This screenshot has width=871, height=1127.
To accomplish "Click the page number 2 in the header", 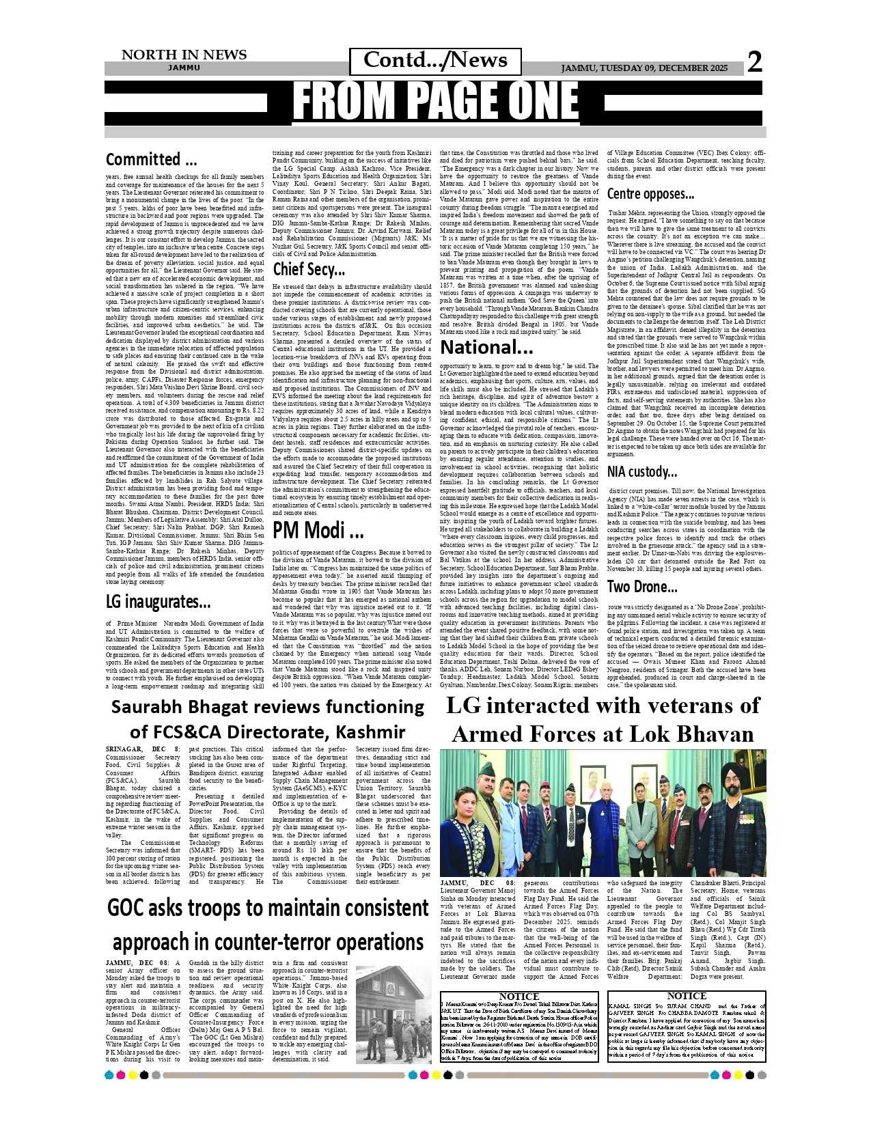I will point(754,63).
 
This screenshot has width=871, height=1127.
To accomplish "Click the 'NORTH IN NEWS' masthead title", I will point(184,55).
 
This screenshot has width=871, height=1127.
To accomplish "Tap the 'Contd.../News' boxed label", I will point(435,60).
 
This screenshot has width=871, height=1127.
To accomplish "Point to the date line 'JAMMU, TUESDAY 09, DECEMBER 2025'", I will point(644,68).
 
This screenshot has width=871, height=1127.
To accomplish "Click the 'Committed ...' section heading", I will point(152,160).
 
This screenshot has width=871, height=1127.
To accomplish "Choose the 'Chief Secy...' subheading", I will point(309,269).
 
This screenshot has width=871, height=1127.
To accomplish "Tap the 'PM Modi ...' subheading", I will point(318,529).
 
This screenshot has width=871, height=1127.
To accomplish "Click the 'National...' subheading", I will point(486,347).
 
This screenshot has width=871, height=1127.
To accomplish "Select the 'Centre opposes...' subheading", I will point(650,194).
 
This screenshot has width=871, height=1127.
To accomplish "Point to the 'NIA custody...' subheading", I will point(642,471).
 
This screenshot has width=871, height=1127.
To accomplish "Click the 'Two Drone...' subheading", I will point(642,586).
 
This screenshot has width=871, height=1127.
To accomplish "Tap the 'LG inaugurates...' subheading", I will point(158,602).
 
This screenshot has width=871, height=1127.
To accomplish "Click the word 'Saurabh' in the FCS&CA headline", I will point(146,706).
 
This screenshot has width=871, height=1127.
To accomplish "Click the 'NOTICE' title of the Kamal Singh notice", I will point(686,996).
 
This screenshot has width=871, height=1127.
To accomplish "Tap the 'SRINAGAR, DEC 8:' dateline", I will point(143,749).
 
